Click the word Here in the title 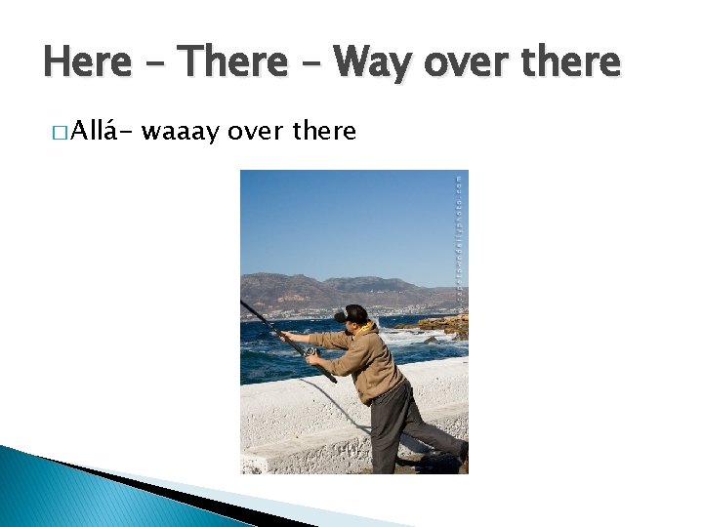(87, 62)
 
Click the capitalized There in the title (233, 62)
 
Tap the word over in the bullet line (255, 130)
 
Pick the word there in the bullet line (323, 130)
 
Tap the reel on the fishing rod (310, 351)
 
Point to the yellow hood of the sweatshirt (365, 329)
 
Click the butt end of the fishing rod (332, 379)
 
